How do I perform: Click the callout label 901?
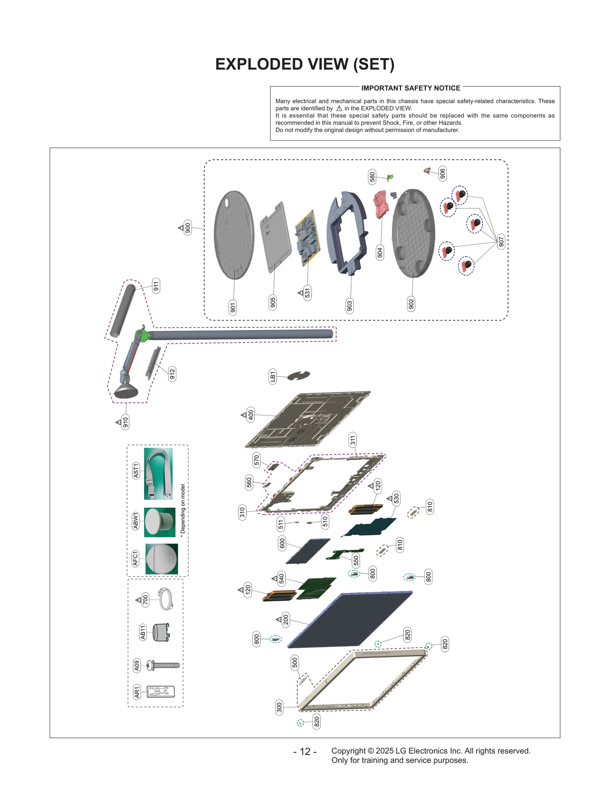tap(233, 307)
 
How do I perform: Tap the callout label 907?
tap(501, 241)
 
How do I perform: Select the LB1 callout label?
tap(273, 377)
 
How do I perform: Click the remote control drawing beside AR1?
tap(161, 692)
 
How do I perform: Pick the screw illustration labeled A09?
tap(164, 666)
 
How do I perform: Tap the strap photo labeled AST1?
tap(158, 473)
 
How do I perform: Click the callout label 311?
tap(353, 440)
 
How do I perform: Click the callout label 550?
tap(356, 560)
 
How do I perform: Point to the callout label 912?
tap(172, 374)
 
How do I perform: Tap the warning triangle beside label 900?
tap(181, 228)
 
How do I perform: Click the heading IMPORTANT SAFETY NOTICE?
tap(411, 88)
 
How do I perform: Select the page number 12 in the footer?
tap(305, 752)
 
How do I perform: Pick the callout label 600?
tap(282, 543)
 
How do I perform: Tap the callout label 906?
tap(442, 173)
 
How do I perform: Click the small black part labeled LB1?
tap(299, 376)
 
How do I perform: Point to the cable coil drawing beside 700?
tap(166, 599)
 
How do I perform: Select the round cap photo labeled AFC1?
tap(162, 559)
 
